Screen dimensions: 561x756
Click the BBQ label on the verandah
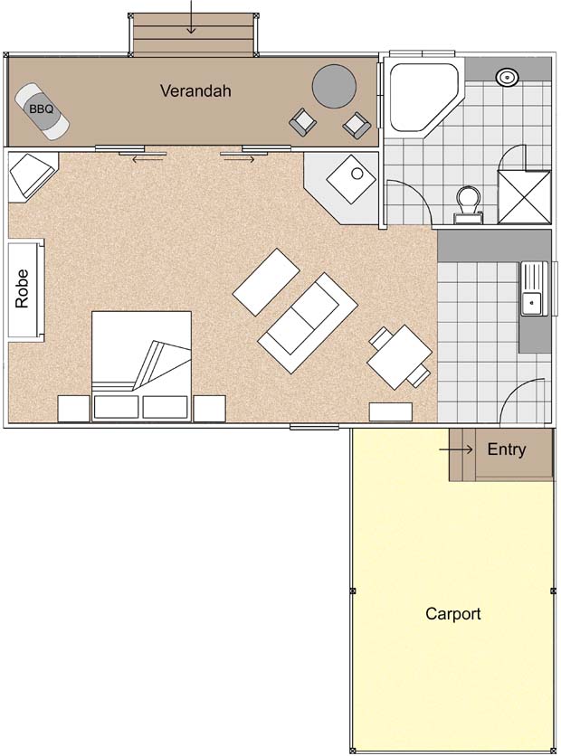[x=41, y=109]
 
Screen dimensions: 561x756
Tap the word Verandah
[x=195, y=90]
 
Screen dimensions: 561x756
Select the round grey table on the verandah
[x=334, y=86]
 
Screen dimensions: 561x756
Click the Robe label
[x=23, y=288]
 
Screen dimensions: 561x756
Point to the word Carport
[x=453, y=614]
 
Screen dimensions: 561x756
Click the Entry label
[x=507, y=449]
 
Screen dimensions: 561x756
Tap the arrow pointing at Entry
[x=456, y=449]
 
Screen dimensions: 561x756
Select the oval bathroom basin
[x=507, y=76]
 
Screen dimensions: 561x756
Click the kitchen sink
[x=534, y=288]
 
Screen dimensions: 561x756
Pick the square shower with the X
[x=524, y=197]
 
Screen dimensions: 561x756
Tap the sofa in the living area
[x=308, y=323]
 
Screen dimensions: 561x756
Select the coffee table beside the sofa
[x=266, y=281]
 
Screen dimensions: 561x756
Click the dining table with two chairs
[x=400, y=357]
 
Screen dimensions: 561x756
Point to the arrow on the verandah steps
[x=192, y=17]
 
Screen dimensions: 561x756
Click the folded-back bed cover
[x=162, y=364]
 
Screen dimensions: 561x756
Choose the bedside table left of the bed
[x=74, y=409]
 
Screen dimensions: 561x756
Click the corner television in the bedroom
[x=33, y=175]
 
